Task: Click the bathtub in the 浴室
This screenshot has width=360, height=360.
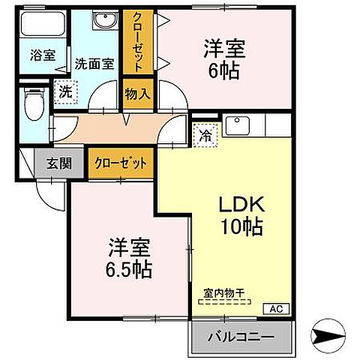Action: pyautogui.click(x=42, y=25)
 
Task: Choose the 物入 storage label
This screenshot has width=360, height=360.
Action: pyautogui.click(x=136, y=93)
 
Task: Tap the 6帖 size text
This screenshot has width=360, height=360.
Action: pyautogui.click(x=225, y=71)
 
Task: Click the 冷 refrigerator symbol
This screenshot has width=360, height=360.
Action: pyautogui.click(x=204, y=135)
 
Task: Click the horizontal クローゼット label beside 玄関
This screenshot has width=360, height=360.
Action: pyautogui.click(x=120, y=163)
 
